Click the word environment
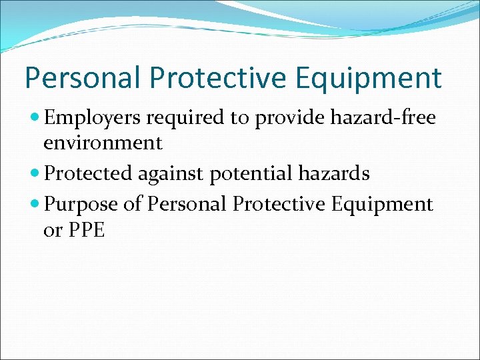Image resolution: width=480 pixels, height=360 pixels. (x=103, y=143)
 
